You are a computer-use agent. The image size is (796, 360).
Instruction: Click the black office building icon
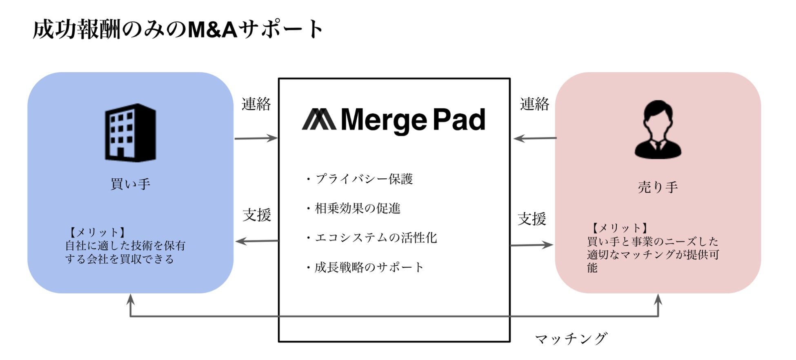point(130,133)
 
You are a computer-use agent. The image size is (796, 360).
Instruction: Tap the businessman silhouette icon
point(658,130)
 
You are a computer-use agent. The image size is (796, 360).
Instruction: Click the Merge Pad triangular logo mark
point(319,120)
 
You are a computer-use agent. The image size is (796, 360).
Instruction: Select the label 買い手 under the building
point(130,184)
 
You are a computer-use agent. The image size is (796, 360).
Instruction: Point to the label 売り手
point(658,187)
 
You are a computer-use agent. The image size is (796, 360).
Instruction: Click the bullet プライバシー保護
point(360,179)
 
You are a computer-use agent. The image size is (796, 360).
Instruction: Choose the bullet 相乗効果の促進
point(354,209)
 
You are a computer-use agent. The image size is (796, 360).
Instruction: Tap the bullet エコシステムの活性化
point(372,238)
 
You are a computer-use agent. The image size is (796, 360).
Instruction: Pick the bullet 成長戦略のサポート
point(365,267)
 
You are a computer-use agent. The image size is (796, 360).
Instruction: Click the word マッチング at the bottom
point(571,338)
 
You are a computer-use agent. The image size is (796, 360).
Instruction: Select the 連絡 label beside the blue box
point(256,104)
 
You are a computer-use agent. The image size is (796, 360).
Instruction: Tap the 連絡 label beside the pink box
point(534,104)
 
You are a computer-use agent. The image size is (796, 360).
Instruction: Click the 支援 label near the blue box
point(257,215)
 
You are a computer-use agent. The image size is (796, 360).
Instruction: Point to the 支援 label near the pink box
point(531,219)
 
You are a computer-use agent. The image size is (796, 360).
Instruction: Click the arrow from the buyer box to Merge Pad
point(256,138)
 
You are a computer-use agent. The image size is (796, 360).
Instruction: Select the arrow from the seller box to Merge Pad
point(535,138)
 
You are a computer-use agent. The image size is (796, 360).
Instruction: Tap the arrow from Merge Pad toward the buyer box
point(257,241)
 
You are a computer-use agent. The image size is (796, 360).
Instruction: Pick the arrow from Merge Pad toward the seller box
point(531,245)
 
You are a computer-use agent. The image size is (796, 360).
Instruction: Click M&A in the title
point(212,30)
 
